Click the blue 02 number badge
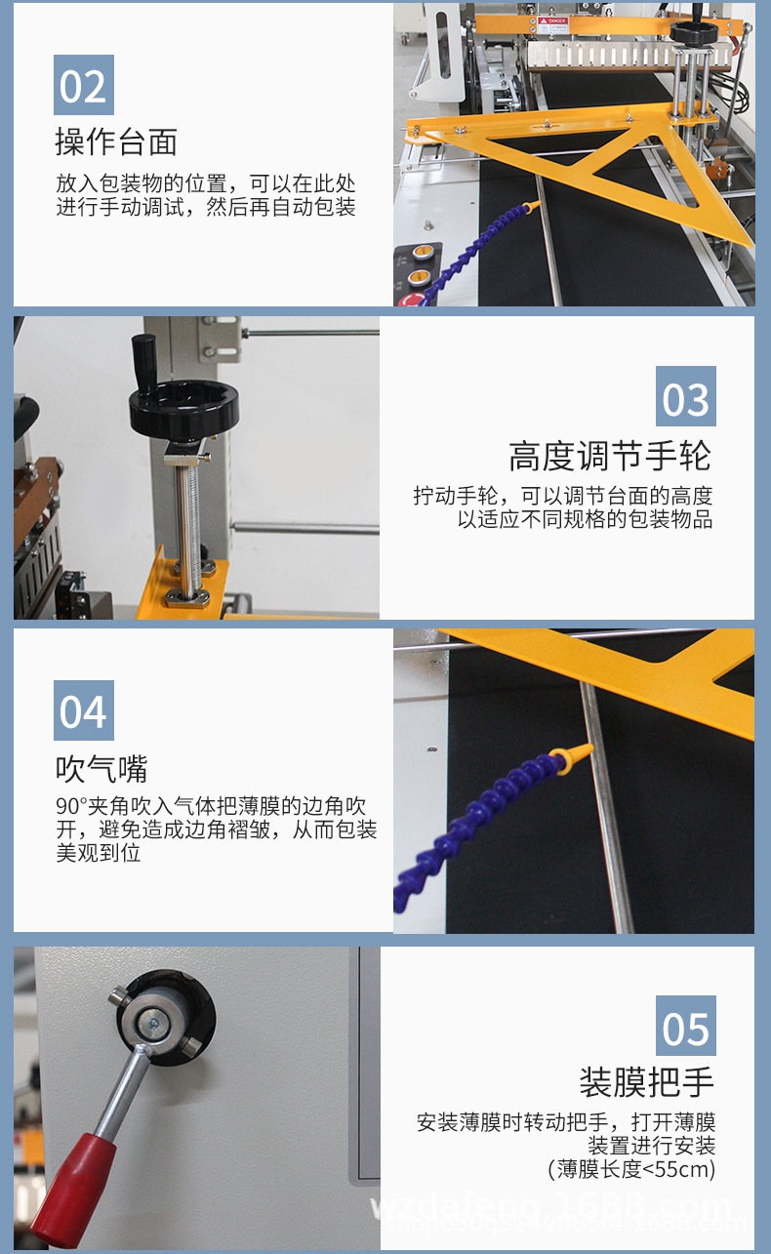[x=83, y=86]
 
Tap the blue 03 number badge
[x=685, y=397]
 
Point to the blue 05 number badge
[x=685, y=1027]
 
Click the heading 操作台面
[x=116, y=142]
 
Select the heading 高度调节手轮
[x=610, y=456]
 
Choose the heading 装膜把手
[x=647, y=1081]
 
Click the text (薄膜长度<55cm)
[x=631, y=1168]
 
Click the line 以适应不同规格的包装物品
[x=585, y=519]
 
